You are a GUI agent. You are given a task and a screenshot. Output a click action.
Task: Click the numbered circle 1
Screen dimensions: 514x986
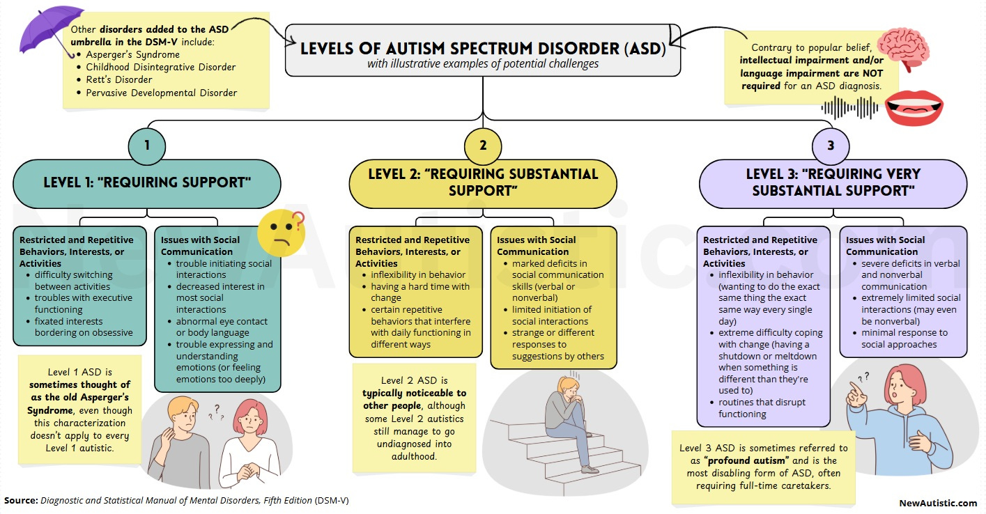point(146,147)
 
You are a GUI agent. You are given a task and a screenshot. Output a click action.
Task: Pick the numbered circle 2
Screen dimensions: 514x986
point(482,147)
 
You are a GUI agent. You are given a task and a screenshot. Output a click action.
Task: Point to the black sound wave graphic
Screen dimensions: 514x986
point(849,108)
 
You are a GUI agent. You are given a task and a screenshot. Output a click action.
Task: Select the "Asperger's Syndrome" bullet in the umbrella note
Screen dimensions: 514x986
point(132,54)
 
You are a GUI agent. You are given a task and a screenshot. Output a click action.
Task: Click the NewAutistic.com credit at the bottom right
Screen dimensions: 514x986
point(938,502)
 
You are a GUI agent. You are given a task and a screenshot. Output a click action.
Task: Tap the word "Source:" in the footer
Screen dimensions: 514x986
point(21,500)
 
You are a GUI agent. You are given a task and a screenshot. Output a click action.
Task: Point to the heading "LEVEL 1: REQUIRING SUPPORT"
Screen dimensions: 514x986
point(147,183)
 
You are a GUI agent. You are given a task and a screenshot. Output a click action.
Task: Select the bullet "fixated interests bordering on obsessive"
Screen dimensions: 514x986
point(84,327)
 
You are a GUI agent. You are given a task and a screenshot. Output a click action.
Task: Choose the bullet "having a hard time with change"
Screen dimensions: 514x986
point(421,292)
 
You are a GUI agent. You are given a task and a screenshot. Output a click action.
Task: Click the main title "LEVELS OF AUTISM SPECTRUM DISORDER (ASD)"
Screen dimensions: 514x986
point(483,50)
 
